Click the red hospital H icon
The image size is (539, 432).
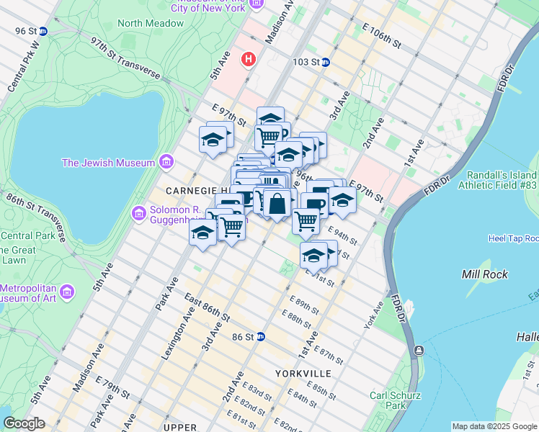click(x=249, y=58)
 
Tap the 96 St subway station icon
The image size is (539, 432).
click(x=43, y=31)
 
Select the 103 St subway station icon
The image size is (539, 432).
click(x=325, y=63)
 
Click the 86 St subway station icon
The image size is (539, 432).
click(x=261, y=336)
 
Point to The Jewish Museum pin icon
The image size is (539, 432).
click(x=166, y=162)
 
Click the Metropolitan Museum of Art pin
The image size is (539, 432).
click(x=67, y=292)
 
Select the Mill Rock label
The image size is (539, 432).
click(x=484, y=274)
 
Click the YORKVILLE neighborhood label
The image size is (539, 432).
click(x=303, y=374)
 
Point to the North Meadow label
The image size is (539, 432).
click(x=151, y=23)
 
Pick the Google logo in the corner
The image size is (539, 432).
click(x=24, y=423)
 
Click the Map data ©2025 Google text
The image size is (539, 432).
click(x=494, y=426)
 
